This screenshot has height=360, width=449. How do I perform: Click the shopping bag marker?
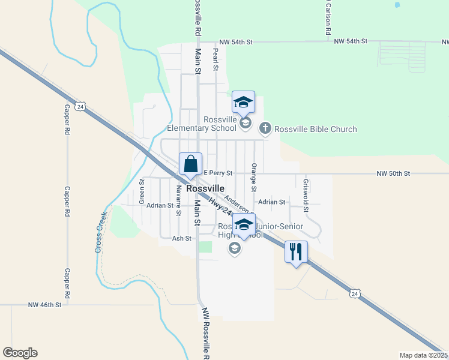pyautogui.click(x=190, y=164)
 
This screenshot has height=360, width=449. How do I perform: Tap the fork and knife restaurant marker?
pyautogui.click(x=296, y=251)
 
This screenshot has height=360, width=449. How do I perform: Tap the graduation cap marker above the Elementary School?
pyautogui.click(x=243, y=102)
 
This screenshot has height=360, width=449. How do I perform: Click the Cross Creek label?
pyautogui.click(x=101, y=232)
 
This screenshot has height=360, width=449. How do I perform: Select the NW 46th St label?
pyautogui.click(x=45, y=305)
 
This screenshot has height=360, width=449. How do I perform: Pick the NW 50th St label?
pyautogui.click(x=393, y=173)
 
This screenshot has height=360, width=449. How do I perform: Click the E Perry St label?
pyautogui.click(x=217, y=173)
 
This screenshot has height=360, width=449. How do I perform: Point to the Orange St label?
pyautogui.click(x=254, y=177)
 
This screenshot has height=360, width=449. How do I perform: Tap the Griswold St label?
pyautogui.click(x=306, y=195)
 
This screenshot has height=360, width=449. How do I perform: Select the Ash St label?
pyautogui.click(x=181, y=238)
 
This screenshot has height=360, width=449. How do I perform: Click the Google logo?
pyautogui.click(x=20, y=353)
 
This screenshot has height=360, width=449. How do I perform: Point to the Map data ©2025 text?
pyautogui.click(x=423, y=355)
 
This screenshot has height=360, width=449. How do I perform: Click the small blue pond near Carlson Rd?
pyautogui.click(x=397, y=5)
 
